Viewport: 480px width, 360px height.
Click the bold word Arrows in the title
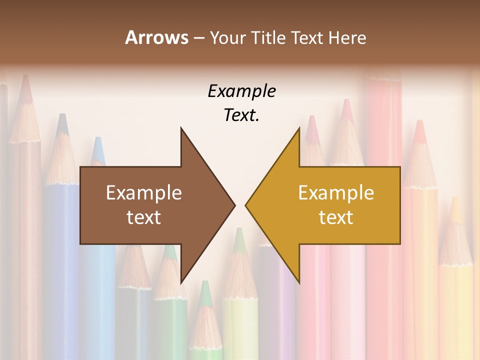tap(156, 37)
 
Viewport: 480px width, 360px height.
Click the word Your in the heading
tap(227, 38)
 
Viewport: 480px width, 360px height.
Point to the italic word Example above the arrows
tap(241, 91)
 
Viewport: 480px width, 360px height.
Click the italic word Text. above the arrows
tap(241, 115)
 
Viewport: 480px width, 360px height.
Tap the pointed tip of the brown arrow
tap(234, 205)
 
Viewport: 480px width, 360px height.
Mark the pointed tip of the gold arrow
tap(246, 205)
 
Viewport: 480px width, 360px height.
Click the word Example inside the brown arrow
tap(144, 192)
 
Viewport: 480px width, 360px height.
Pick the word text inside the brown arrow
tap(144, 217)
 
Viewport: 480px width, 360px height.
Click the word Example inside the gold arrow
tap(336, 192)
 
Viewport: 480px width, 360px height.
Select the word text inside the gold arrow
tap(336, 217)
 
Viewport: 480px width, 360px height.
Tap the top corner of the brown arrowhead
tap(181, 128)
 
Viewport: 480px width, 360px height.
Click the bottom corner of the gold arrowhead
tap(299, 282)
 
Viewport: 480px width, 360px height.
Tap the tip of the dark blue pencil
tap(62, 116)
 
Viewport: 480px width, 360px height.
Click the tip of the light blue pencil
tap(98, 139)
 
